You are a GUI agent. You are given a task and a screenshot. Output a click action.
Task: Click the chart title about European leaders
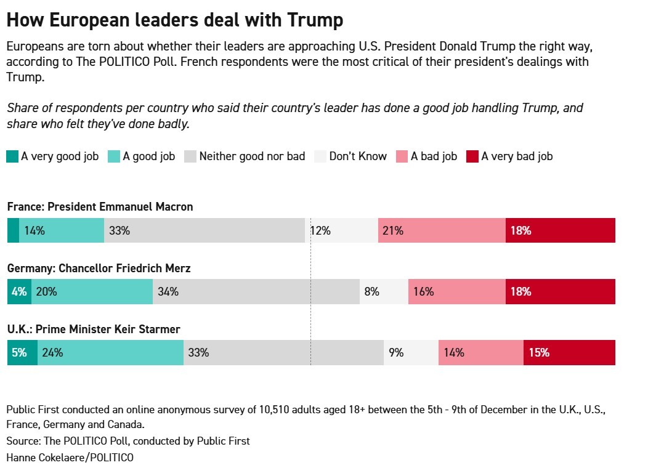point(174,20)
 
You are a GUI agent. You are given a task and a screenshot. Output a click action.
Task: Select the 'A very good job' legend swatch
point(12,156)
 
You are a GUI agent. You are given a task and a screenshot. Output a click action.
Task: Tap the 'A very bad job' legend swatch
point(472,156)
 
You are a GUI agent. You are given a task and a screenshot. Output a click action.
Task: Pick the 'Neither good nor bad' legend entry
point(245,156)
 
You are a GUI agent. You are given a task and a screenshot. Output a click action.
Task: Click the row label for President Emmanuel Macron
point(100,207)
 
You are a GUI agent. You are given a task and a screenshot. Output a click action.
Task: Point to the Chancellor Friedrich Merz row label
point(99,269)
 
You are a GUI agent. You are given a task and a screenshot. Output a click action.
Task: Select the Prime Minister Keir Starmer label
point(94,329)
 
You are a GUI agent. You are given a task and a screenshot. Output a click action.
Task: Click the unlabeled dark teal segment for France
point(13,231)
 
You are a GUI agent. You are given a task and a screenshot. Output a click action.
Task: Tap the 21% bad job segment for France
point(442,231)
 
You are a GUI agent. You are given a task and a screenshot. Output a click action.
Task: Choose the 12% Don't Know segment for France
point(341,231)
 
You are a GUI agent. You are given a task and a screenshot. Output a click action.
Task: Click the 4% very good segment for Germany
point(19,292)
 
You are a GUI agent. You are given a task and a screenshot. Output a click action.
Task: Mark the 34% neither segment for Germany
point(256,292)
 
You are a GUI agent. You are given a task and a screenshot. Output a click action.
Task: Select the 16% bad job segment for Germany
point(456,292)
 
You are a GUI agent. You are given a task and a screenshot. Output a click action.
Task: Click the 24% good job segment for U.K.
point(110,353)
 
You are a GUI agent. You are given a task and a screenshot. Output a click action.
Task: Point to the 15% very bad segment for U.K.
point(569,353)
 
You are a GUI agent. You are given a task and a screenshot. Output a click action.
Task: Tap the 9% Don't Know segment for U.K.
point(411,353)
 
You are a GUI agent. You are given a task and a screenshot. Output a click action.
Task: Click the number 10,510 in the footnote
point(285,410)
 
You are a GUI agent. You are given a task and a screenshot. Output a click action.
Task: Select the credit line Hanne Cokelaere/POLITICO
point(70,458)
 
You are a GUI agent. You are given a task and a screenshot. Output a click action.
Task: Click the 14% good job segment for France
point(62,231)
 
